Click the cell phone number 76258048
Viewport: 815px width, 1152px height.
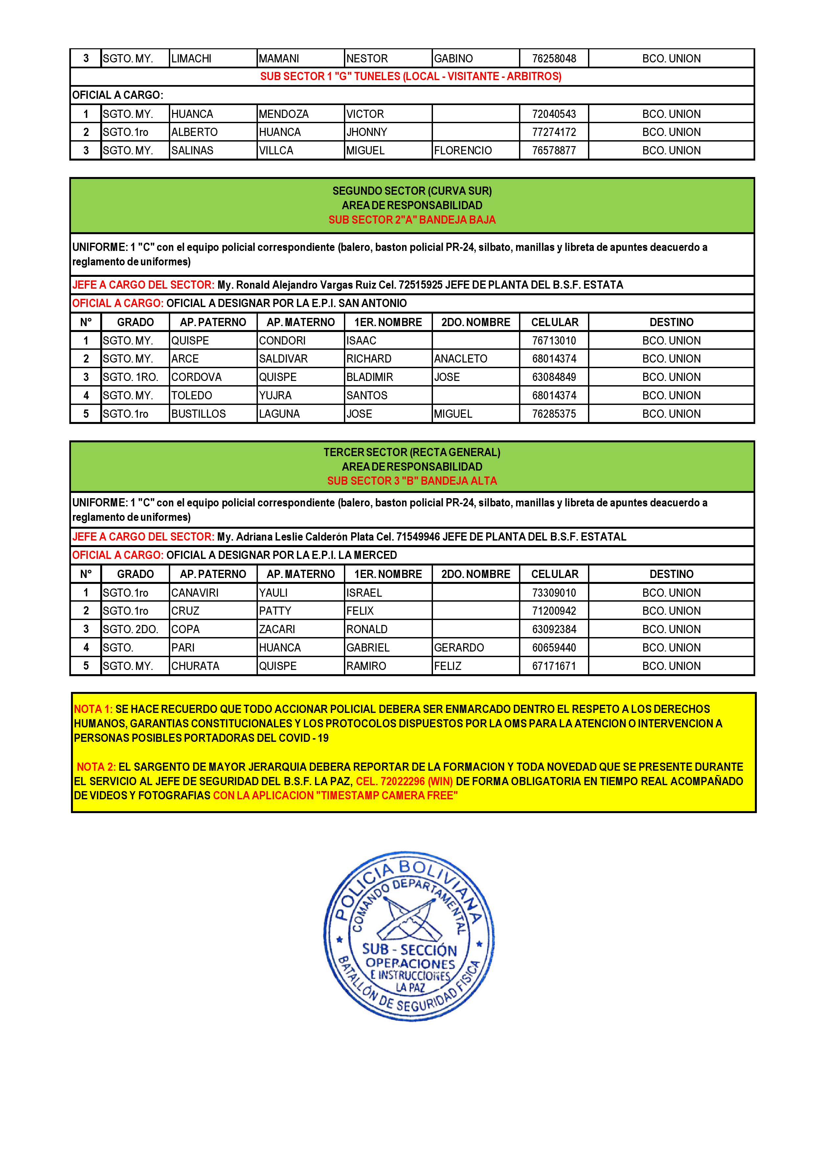(554, 59)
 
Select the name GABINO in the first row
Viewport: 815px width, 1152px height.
(453, 59)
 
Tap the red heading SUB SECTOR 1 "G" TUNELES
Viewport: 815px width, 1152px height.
(411, 77)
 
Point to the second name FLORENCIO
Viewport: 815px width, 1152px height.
(463, 150)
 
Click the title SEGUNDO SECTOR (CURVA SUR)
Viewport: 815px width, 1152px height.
(412, 191)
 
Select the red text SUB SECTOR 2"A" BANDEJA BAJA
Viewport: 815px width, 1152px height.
(412, 220)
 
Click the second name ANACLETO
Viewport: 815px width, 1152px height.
(461, 359)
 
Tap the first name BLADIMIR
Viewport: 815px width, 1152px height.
(369, 377)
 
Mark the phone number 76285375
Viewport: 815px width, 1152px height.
(554, 414)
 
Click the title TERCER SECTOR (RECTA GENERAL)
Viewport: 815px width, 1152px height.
(412, 453)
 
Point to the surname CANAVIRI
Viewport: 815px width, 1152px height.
(195, 593)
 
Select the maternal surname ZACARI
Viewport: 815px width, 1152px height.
(277, 630)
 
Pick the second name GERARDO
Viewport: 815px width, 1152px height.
(459, 648)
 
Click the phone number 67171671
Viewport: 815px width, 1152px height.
(554, 666)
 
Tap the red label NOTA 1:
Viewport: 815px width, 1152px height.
(93, 709)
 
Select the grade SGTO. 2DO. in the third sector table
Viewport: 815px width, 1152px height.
(130, 630)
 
